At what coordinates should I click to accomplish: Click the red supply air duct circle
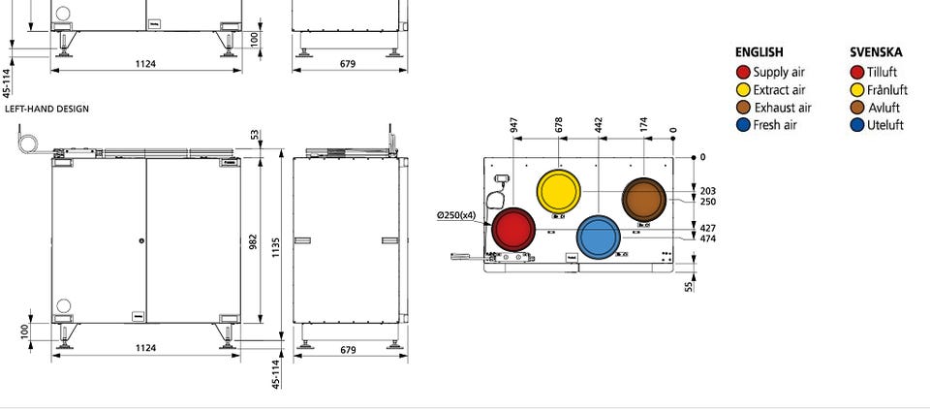tap(513, 229)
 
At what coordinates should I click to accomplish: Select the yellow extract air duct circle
tap(559, 191)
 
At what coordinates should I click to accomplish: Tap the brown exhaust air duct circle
tap(644, 200)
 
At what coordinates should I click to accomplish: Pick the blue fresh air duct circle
tap(599, 237)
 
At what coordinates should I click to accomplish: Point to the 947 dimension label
tap(513, 124)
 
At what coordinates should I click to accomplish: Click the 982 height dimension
tap(253, 241)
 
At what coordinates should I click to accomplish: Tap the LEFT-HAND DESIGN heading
tap(46, 110)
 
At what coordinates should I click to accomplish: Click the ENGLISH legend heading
tap(759, 52)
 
